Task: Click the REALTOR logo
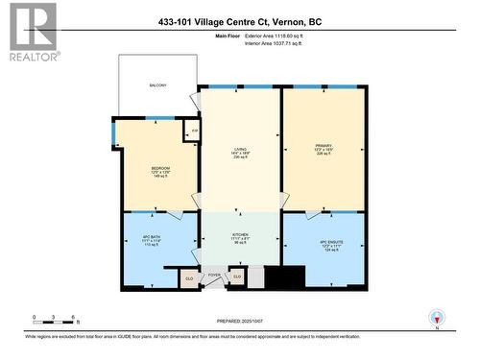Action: point(33,33)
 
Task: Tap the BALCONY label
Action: point(157,85)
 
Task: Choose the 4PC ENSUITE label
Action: point(323,241)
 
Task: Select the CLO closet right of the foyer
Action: point(237,276)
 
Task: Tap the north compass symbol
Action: point(438,317)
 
